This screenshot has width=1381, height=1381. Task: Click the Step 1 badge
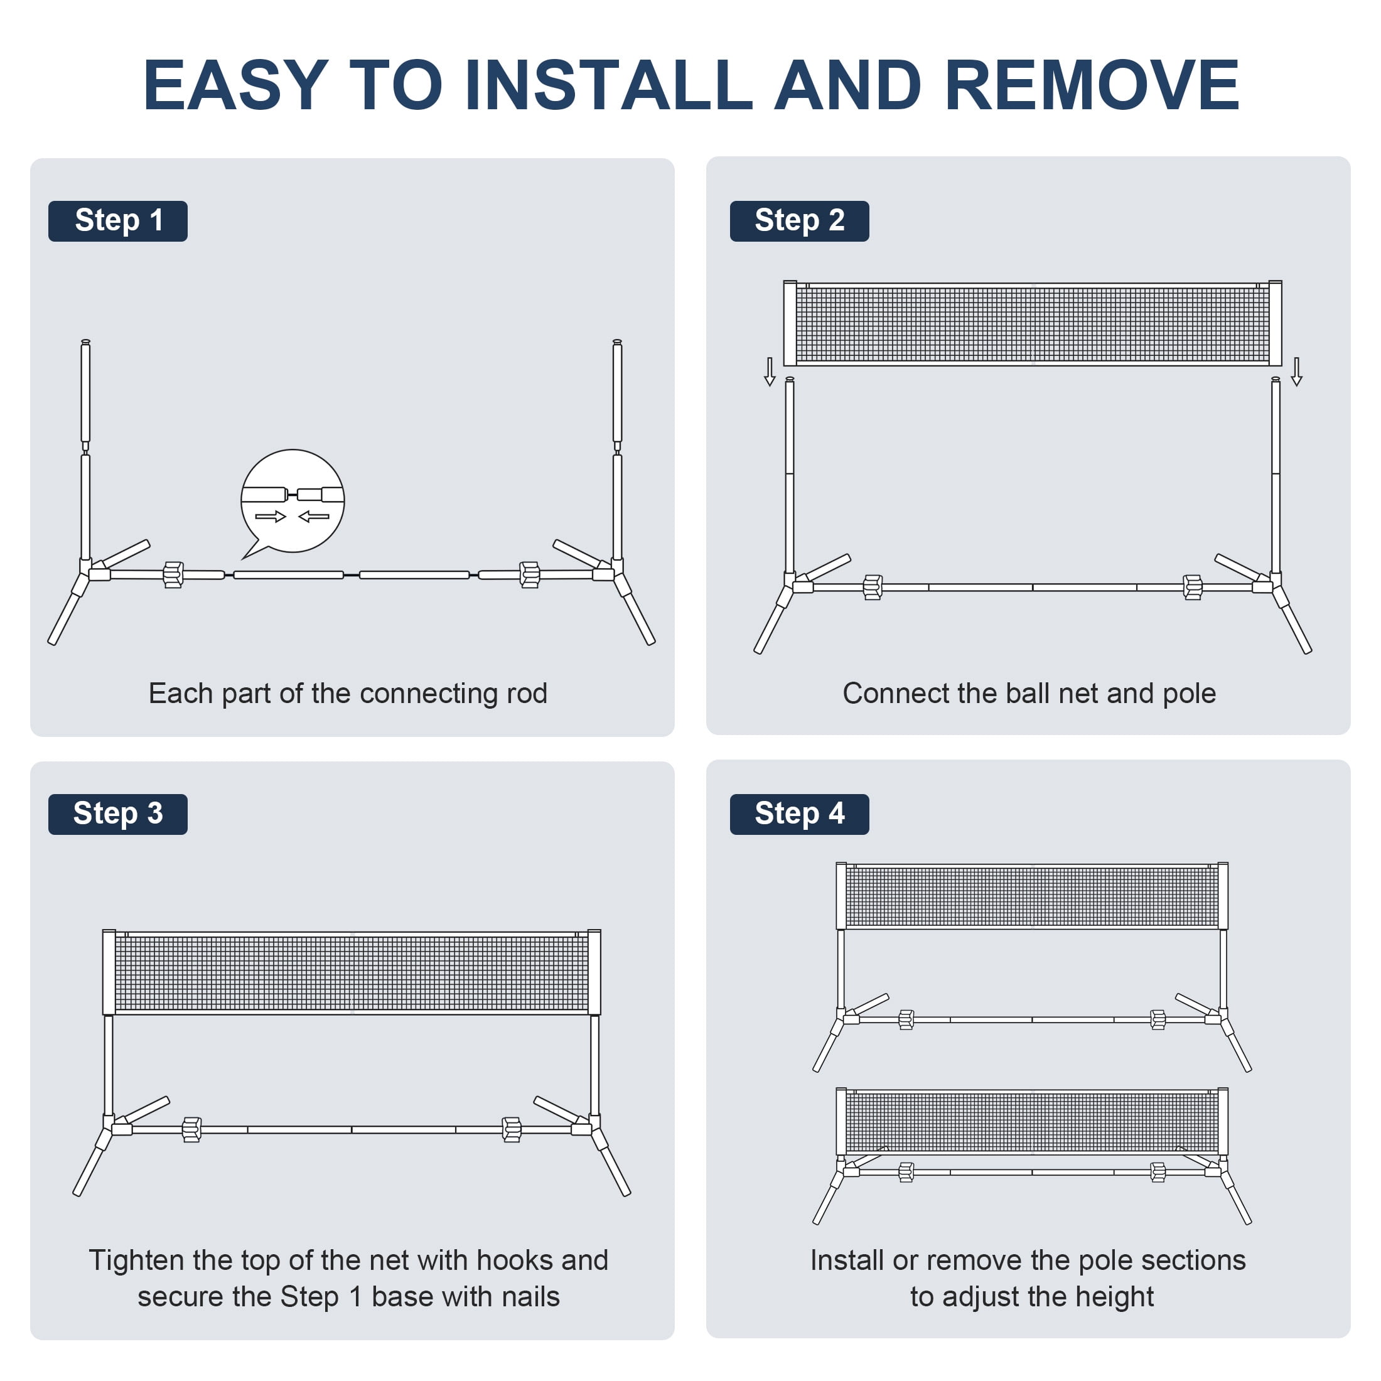tap(118, 221)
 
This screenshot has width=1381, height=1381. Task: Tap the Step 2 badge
tap(799, 221)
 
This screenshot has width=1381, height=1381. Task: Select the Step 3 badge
tap(118, 814)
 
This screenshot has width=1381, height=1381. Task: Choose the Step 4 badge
tap(799, 814)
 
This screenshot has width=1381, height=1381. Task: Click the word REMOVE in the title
tap(1092, 85)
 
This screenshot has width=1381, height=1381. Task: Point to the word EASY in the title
tap(236, 85)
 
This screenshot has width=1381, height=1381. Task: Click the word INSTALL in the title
tap(608, 85)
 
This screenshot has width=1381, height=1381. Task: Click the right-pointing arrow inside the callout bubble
tap(270, 516)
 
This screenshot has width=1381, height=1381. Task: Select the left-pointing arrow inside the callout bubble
tap(314, 516)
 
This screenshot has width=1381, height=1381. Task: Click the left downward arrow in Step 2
tap(770, 372)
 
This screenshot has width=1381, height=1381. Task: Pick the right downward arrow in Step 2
tap(1297, 372)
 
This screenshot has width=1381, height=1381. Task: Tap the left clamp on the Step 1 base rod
tap(173, 575)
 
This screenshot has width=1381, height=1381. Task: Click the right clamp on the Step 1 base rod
tap(530, 575)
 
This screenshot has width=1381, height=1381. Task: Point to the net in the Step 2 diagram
tap(1033, 324)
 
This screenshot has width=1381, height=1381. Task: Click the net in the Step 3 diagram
tap(352, 973)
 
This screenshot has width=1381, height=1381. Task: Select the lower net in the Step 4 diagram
tap(1032, 1122)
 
